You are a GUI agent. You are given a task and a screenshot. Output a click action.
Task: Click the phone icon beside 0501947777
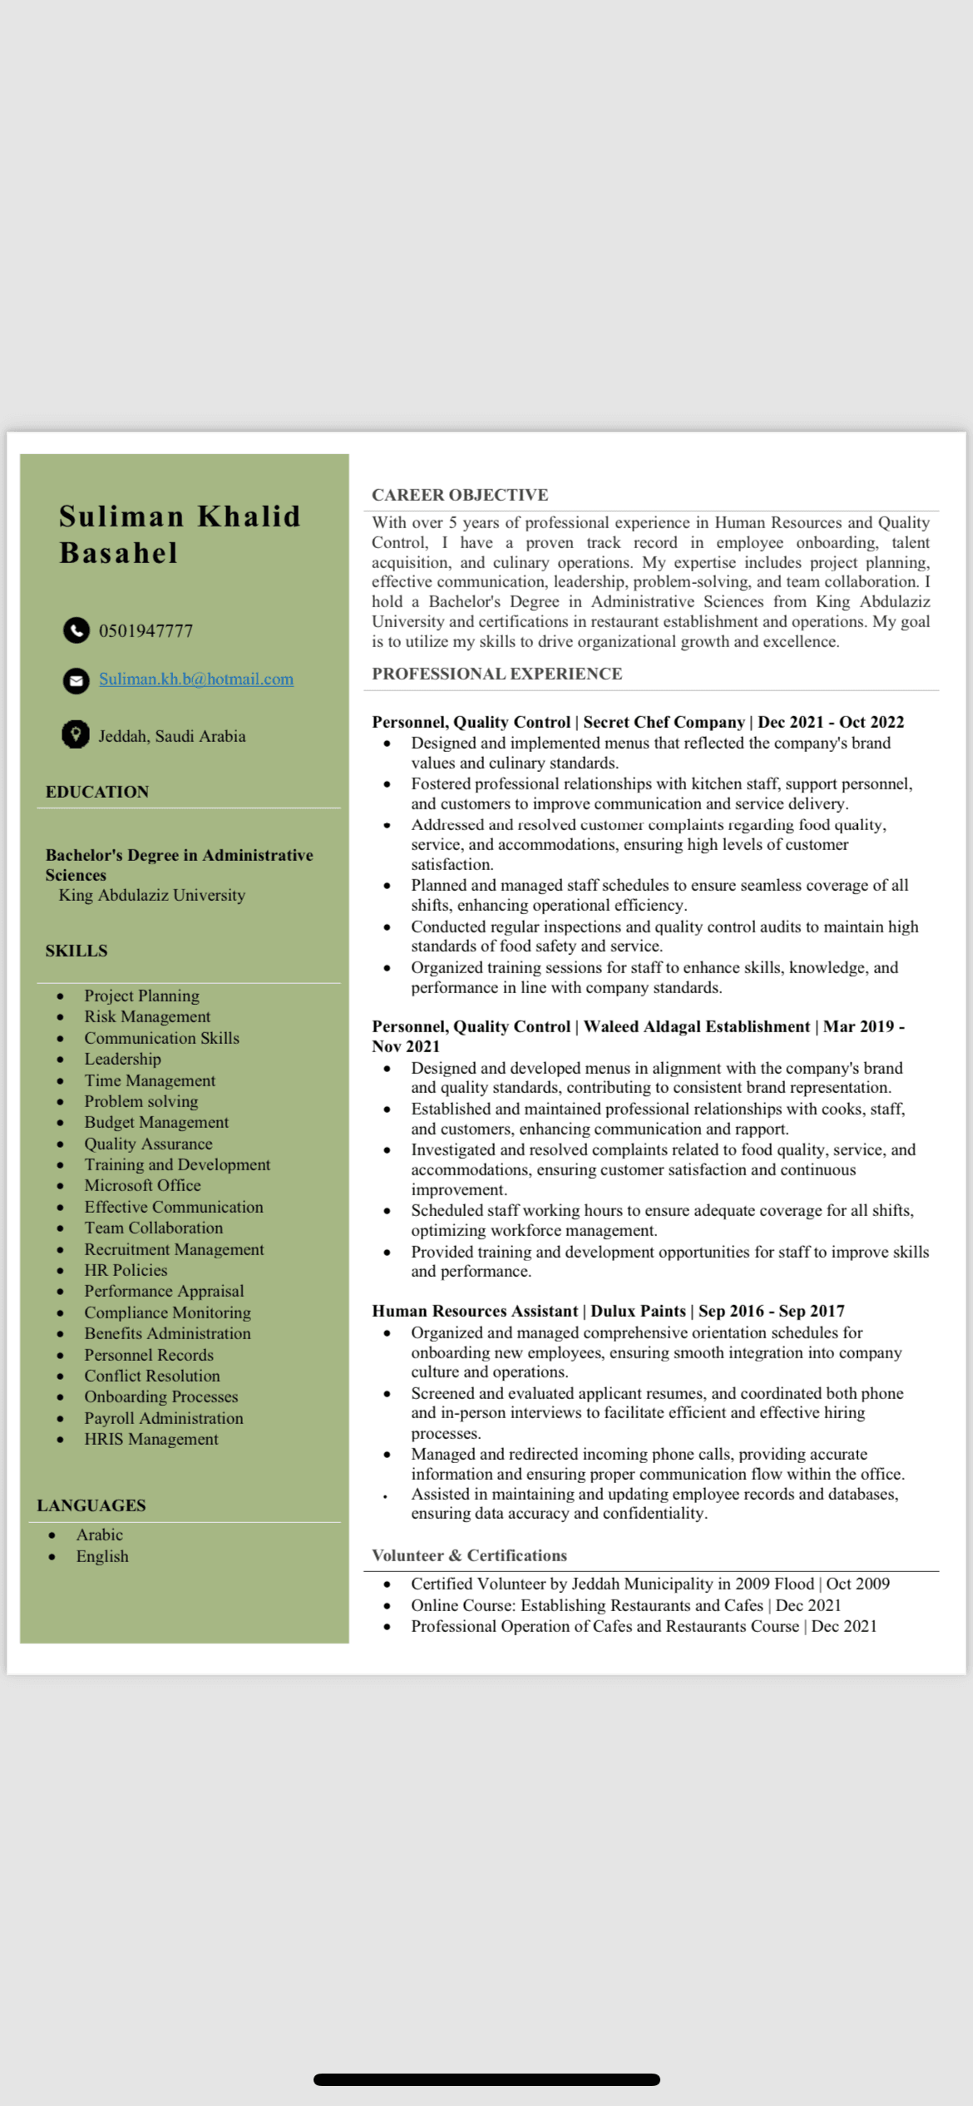[x=77, y=630]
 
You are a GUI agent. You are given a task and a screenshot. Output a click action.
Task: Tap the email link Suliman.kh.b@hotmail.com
[x=196, y=679]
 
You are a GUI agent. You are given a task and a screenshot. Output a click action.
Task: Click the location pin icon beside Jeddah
[x=76, y=734]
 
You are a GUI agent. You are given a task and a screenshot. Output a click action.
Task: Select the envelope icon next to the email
[x=77, y=680]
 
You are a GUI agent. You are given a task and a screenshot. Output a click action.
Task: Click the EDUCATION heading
[x=97, y=792]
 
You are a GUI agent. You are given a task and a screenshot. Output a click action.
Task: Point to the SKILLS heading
[x=77, y=951]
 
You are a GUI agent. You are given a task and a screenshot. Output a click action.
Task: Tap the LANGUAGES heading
[x=91, y=1505]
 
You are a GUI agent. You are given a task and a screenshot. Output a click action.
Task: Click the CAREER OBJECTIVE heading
[x=460, y=495]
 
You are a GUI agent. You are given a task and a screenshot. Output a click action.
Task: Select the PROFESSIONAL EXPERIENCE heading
[x=496, y=674]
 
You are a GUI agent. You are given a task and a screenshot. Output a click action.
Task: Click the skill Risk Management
[x=147, y=1016]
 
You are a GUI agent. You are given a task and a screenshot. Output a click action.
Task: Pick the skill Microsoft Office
[x=142, y=1185]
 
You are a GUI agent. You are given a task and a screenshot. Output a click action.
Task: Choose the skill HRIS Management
[x=151, y=1439]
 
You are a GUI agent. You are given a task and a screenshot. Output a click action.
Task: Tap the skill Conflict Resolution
[x=152, y=1376]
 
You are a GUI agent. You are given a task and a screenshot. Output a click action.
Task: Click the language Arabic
[x=100, y=1535]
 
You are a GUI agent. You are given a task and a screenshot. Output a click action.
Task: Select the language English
[x=102, y=1556]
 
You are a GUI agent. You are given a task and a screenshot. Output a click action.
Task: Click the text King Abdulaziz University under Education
[x=152, y=895]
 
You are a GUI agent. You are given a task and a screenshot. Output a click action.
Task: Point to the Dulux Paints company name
[x=639, y=1311]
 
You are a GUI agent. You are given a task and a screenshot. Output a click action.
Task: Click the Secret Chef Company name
[x=664, y=722]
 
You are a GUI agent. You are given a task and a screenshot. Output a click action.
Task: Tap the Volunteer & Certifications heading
[x=469, y=1555]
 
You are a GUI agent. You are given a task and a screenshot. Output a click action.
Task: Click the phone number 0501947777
[x=146, y=631]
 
